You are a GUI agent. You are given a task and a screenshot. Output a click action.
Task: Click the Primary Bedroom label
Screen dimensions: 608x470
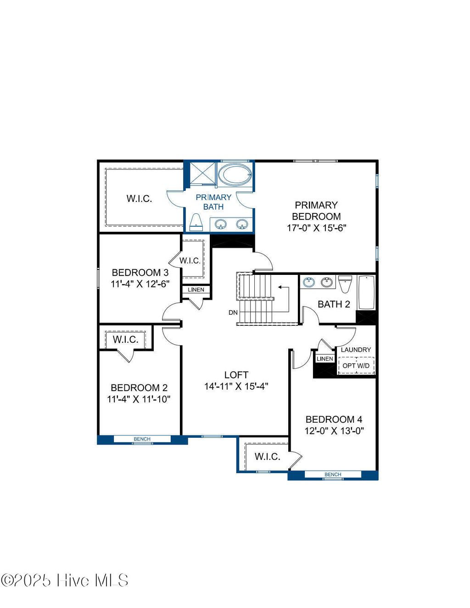316,211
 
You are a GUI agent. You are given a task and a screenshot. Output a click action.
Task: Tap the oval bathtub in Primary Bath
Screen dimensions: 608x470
235,174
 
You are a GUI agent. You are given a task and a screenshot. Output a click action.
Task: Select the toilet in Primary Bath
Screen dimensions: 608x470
196,221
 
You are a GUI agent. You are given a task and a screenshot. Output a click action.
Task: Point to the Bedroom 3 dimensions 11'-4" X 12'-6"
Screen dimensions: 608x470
140,284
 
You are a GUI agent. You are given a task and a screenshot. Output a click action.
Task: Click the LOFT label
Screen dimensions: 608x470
236,375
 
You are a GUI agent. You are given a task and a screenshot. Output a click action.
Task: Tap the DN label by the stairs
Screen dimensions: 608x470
233,312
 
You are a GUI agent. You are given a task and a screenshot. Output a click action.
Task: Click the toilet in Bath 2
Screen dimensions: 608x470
345,283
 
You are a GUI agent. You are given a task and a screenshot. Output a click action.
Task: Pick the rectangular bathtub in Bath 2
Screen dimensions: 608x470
366,292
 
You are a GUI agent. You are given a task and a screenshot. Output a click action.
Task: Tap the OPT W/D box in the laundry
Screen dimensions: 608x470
356,366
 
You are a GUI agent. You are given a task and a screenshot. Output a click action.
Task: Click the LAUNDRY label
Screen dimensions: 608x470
356,350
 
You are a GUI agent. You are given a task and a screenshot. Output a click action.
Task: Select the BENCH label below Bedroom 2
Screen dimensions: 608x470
142,439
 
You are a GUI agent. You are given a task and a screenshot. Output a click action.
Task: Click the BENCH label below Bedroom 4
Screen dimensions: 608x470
333,474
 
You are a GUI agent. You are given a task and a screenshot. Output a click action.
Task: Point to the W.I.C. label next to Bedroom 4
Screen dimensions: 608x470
267,457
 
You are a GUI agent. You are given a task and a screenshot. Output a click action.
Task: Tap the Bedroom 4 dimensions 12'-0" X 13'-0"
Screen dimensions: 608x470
334,431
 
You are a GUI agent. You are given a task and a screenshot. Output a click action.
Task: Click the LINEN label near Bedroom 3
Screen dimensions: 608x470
196,290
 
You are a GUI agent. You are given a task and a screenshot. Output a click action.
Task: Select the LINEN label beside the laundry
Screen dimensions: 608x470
325,359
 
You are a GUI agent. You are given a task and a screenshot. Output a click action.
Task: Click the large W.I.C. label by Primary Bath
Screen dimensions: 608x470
139,199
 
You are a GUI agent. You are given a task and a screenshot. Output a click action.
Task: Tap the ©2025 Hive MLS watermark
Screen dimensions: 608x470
64,580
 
